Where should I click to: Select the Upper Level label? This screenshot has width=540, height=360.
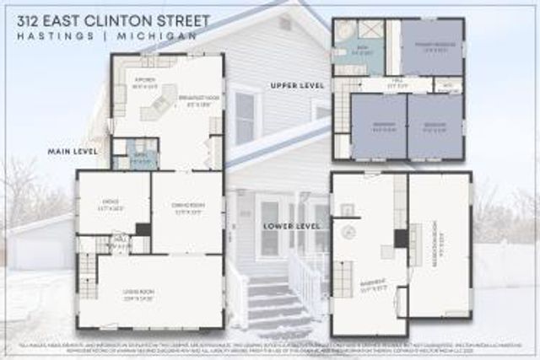[292, 87]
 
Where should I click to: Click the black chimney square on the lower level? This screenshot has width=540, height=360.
[401, 238]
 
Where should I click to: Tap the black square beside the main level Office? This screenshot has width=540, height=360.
[143, 229]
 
